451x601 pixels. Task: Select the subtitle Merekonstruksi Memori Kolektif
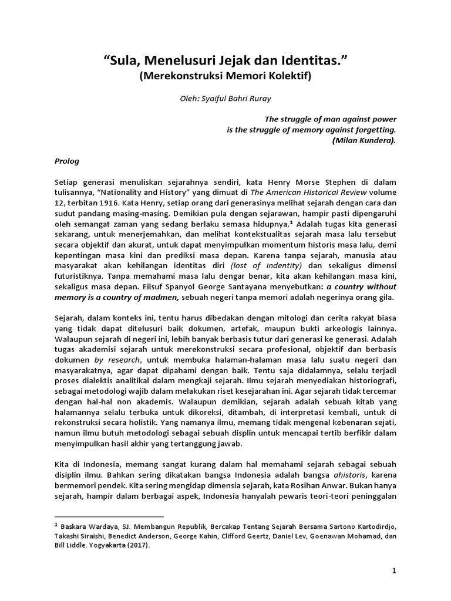click(225, 76)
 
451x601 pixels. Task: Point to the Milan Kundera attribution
click(364, 140)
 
